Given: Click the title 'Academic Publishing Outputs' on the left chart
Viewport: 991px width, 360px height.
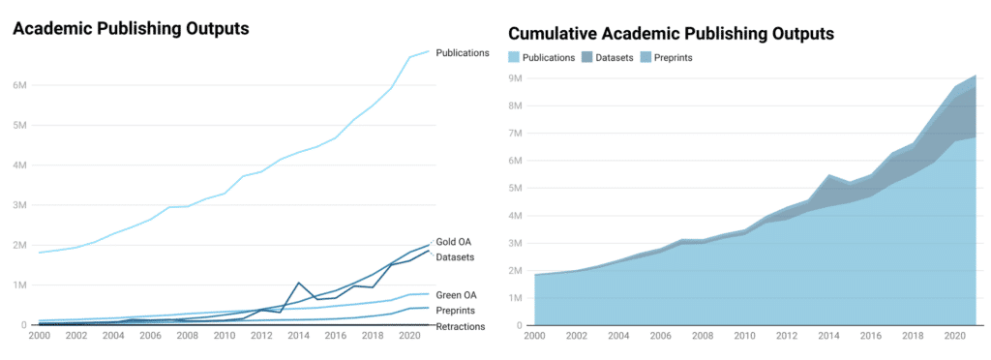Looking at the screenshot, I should click(131, 28).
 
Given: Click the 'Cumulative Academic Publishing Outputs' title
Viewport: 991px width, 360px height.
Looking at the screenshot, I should click(671, 33).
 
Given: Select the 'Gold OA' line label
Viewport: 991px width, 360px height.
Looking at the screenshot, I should click(453, 241).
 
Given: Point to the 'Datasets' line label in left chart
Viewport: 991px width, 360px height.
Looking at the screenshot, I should click(455, 255).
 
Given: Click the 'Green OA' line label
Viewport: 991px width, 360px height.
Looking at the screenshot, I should click(455, 293).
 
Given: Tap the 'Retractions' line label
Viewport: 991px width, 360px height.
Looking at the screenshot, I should click(460, 326).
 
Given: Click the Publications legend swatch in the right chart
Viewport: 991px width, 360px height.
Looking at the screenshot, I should click(514, 57).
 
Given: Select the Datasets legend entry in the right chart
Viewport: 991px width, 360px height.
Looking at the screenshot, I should click(608, 57).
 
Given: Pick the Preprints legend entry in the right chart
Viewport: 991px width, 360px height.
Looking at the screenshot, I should click(667, 57).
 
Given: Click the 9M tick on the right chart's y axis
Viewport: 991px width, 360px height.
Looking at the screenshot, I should click(517, 78).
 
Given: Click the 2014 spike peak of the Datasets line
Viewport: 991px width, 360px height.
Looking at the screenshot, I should click(299, 283).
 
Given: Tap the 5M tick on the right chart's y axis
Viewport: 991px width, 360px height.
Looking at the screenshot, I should click(517, 188).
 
